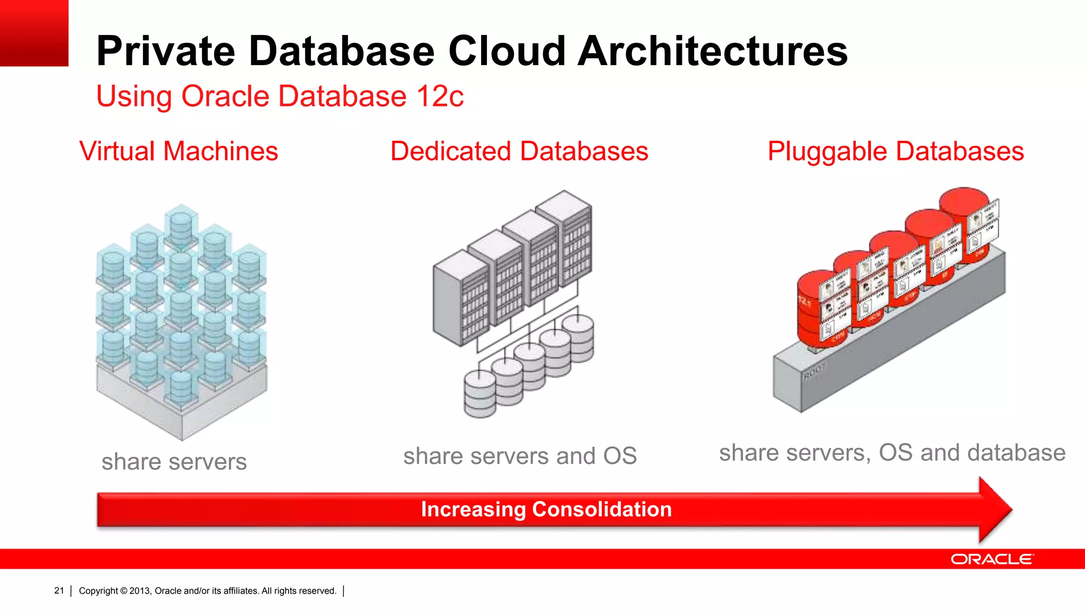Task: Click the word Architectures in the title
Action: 712,51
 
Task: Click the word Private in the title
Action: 165,51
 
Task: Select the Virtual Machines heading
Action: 179,151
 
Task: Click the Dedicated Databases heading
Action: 519,151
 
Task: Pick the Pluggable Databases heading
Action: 895,151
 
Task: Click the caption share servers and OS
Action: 520,456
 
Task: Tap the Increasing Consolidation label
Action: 546,509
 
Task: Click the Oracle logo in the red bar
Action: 991,559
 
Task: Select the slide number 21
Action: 59,590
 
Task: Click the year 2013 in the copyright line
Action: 140,591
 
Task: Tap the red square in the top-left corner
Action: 34,33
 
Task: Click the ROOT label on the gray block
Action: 814,371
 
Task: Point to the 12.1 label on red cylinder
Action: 804,302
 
